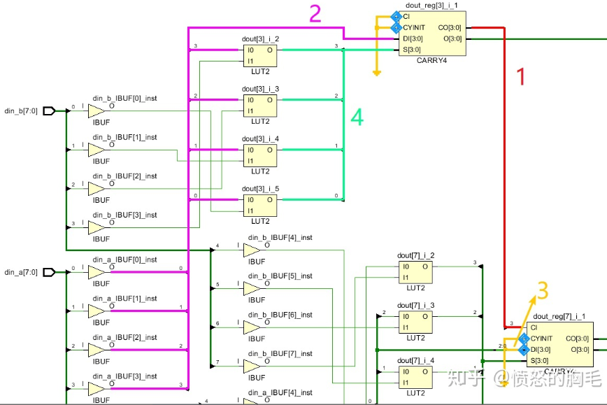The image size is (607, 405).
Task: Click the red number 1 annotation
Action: [x=520, y=76]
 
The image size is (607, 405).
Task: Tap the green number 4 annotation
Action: [x=357, y=118]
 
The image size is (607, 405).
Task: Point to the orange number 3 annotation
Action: [x=542, y=290]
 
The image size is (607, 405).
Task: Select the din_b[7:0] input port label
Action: [x=20, y=111]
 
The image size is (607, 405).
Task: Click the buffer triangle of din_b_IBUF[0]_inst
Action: [x=96, y=111]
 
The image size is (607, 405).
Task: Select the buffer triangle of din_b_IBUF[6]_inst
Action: [x=251, y=327]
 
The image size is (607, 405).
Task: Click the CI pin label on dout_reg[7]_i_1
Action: [x=534, y=327]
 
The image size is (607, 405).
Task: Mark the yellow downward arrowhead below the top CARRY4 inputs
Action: [x=377, y=72]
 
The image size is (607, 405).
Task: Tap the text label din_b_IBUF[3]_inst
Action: [x=124, y=215]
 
